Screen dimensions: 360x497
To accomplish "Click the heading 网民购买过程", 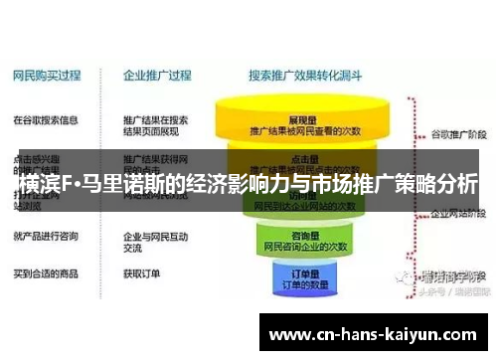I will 46,74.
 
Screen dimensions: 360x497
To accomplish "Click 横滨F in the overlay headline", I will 44,185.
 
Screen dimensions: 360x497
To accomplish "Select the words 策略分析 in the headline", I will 432,185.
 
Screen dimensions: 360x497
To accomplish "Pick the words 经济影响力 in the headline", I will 213,185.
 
